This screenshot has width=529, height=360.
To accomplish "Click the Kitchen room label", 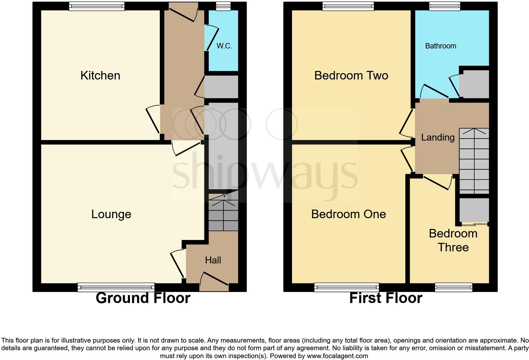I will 100,76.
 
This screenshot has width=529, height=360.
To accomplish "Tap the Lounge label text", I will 111,214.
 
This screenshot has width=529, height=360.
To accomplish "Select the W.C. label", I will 224,46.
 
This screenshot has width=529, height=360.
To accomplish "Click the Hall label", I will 213,260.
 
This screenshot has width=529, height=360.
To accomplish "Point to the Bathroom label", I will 440,46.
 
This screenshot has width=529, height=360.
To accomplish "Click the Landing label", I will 438,137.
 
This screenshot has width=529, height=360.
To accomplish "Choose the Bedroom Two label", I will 351,76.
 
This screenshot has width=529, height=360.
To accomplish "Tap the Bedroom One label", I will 348,214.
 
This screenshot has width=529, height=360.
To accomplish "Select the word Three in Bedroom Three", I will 453,247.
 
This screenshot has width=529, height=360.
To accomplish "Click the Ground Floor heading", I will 143,298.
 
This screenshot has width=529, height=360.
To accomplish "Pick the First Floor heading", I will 385,298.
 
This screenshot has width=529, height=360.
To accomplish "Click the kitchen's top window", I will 97,6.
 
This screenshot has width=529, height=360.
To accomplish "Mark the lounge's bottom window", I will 116,287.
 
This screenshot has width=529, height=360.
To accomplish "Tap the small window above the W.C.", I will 223,6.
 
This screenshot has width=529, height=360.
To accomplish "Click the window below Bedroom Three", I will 453,287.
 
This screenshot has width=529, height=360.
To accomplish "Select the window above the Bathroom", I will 444,6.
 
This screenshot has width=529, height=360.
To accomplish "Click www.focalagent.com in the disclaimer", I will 337,356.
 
